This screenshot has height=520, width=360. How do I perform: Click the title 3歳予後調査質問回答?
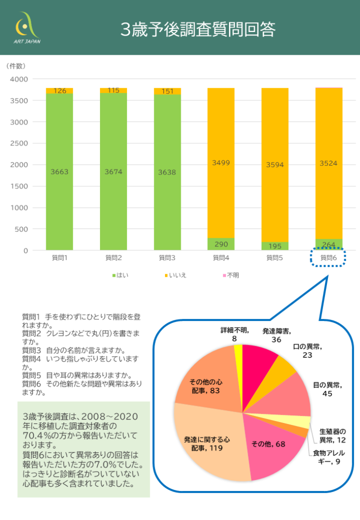click(x=198, y=29)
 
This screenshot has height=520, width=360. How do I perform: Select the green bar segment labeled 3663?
click(x=59, y=172)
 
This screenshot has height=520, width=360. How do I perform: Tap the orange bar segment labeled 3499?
click(x=221, y=163)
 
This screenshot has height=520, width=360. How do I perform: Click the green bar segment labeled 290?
click(x=221, y=244)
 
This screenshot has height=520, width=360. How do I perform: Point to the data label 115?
click(x=113, y=90)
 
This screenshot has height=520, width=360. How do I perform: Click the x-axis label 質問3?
click(x=167, y=258)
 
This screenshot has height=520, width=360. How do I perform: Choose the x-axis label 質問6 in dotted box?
click(x=328, y=258)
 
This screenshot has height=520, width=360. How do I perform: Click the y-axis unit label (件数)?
click(x=16, y=66)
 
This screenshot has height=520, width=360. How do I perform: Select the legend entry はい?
click(x=120, y=275)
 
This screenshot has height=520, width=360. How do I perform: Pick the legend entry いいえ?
click(x=175, y=275)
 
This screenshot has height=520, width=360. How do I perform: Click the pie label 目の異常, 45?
click(x=327, y=389)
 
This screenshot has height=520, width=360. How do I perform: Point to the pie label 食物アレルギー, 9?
click(x=329, y=457)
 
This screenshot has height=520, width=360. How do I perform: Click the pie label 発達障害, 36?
click(x=276, y=335)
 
